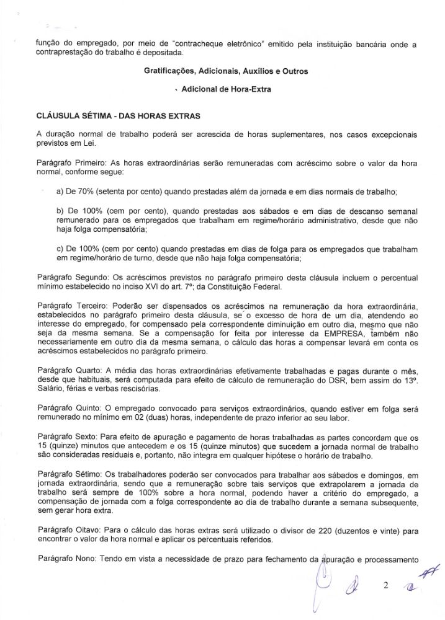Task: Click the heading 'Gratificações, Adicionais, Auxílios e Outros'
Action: [225, 71]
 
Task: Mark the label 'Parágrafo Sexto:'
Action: [67, 436]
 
